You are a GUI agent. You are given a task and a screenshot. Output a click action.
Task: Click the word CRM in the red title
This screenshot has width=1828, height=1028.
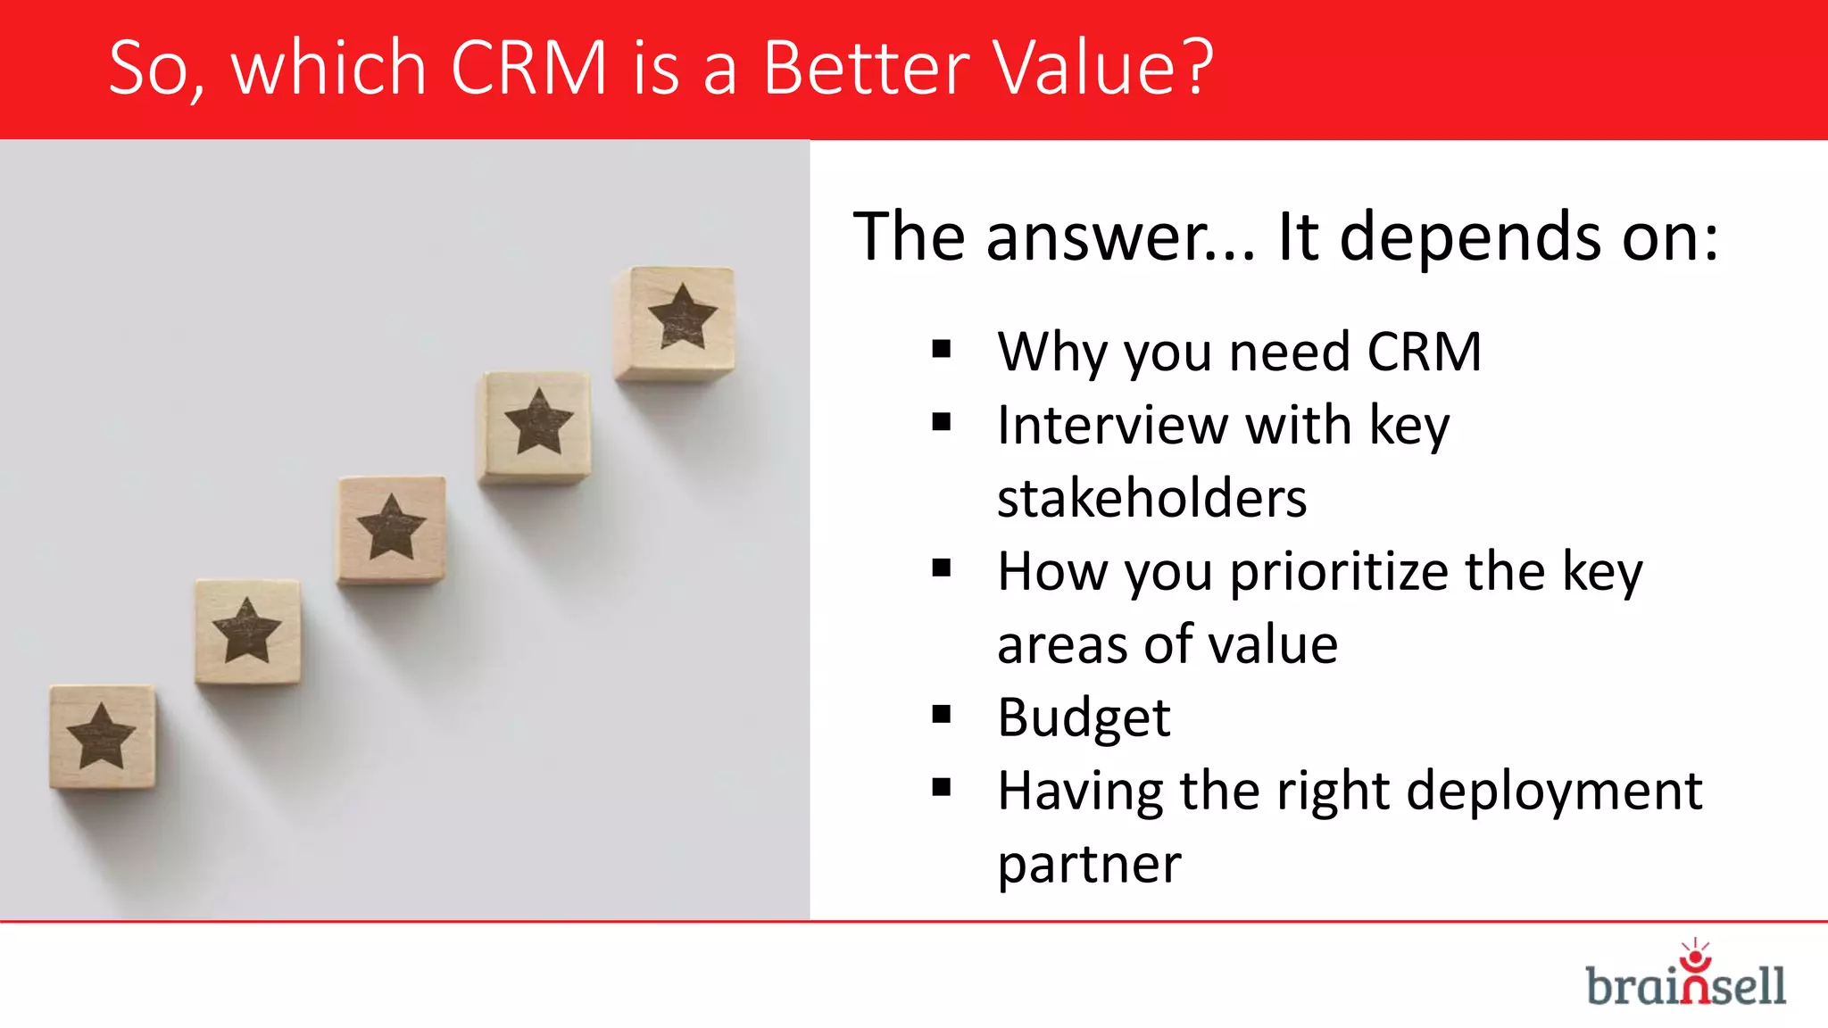[x=528, y=68]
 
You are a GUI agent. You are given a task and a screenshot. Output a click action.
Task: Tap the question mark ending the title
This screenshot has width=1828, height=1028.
[x=1193, y=68]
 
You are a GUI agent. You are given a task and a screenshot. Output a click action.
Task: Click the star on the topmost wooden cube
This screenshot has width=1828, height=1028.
[x=683, y=317]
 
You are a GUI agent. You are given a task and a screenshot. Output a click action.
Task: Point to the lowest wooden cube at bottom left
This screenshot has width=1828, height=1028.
[x=102, y=736]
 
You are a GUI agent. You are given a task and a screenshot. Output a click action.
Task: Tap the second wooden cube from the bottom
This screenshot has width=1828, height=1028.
[x=247, y=631]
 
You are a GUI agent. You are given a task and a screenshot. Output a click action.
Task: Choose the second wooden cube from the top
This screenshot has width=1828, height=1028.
[x=536, y=426]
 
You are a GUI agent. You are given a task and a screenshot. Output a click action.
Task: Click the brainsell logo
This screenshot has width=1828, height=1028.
[x=1685, y=977]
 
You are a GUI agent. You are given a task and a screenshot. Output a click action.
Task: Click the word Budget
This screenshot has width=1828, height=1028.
[x=1084, y=717]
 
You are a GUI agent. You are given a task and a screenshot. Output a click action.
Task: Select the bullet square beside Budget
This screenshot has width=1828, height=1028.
[x=942, y=715]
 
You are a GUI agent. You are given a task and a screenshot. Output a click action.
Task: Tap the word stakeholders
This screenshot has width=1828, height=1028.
[x=1151, y=498]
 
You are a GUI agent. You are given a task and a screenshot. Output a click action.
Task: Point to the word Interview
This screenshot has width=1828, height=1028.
[x=1111, y=425]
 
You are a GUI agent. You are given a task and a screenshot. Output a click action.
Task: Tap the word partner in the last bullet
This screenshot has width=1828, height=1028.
[x=1089, y=865]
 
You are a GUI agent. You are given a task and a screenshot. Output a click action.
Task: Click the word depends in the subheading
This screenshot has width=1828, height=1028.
[x=1470, y=237]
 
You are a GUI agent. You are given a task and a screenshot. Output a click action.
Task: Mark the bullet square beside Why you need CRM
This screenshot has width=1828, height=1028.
[x=942, y=349]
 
